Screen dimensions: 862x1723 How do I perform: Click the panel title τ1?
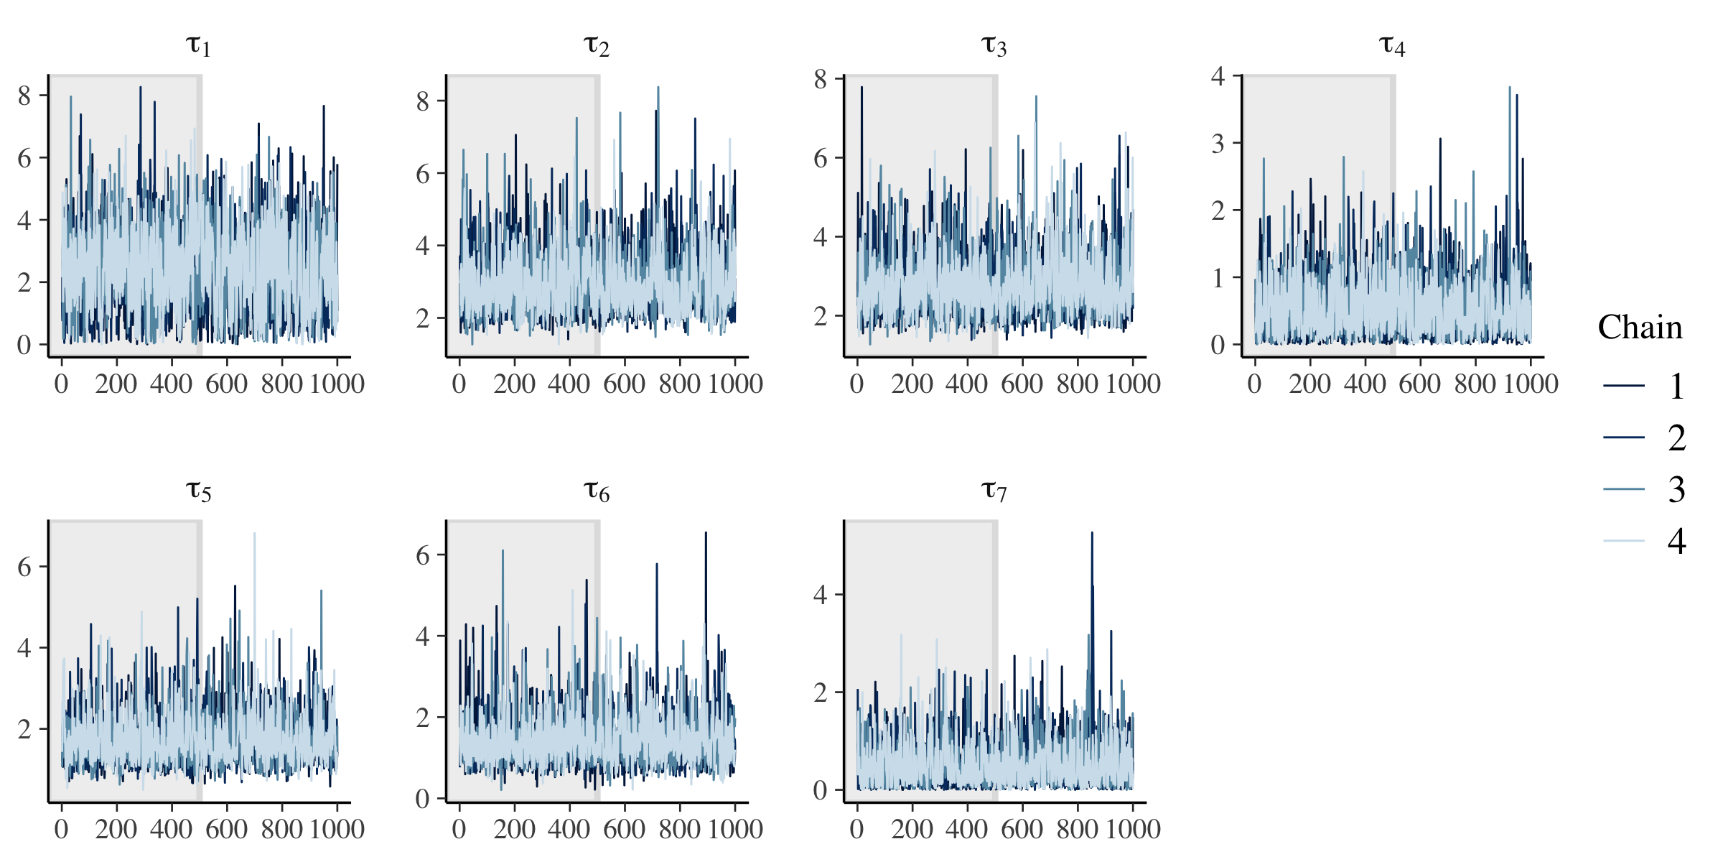point(198,46)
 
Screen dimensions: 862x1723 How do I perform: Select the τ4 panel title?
point(1391,46)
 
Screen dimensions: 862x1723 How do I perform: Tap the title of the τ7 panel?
point(994,491)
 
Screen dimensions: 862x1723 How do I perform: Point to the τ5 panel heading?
point(198,491)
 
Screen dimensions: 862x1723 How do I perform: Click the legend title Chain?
point(1640,328)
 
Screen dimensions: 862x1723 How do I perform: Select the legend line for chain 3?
point(1624,489)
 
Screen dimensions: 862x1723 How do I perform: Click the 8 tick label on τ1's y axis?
point(24,96)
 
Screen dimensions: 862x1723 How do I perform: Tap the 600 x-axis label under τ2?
point(624,384)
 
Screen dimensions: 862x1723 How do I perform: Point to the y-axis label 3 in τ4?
point(1218,144)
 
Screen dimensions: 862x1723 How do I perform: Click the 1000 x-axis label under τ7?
point(1132,829)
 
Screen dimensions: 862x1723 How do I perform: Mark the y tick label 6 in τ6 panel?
point(422,555)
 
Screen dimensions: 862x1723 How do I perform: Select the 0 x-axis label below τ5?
point(62,829)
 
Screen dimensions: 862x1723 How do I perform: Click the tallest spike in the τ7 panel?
point(1092,534)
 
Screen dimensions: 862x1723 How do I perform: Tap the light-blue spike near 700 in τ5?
point(254,534)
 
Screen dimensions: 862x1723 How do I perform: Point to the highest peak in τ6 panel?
point(706,533)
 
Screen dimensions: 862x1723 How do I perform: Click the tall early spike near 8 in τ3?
point(861,88)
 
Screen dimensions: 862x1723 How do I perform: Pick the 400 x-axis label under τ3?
point(966,384)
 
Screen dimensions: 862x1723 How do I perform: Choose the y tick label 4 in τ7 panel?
point(820,595)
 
